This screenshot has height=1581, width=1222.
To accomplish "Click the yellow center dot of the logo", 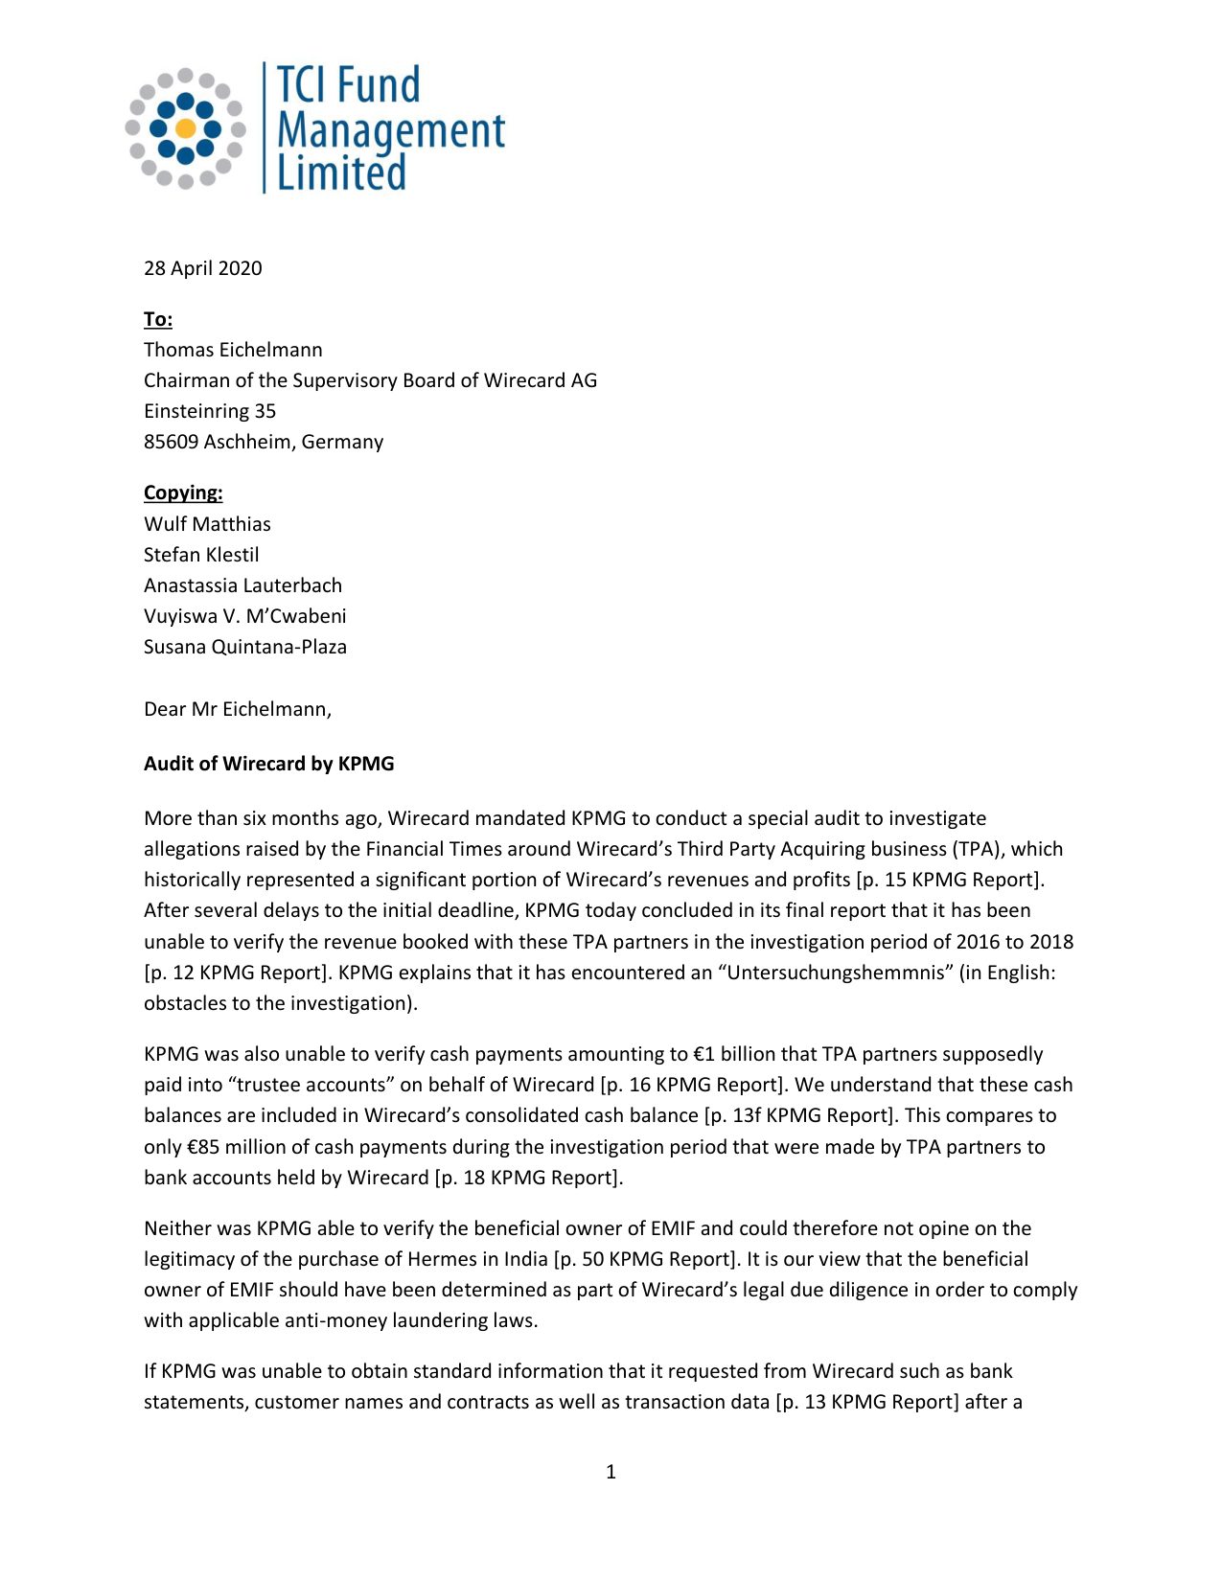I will [x=186, y=128].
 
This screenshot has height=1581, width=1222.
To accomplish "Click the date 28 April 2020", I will [x=202, y=268].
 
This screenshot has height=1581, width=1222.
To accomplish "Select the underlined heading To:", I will [x=158, y=319].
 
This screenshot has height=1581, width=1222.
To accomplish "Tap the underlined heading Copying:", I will [x=183, y=493].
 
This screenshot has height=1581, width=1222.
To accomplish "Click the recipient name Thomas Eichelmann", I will [x=233, y=350].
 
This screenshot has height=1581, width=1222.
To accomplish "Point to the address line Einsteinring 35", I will [x=210, y=411].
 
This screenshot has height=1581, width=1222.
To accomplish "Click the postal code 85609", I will [x=171, y=442].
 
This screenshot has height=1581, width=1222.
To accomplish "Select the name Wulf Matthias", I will [x=207, y=524].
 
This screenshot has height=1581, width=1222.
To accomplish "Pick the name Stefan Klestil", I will [x=201, y=555].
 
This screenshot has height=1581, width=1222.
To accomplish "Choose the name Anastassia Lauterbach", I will [x=242, y=585].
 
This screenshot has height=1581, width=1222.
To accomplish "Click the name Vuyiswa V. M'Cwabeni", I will [x=245, y=616].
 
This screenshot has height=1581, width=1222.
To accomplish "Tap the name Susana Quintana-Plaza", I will [x=245, y=647].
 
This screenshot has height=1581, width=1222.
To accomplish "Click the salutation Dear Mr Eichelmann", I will [x=237, y=709].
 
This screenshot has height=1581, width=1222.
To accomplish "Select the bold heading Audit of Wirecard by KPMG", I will [x=269, y=764].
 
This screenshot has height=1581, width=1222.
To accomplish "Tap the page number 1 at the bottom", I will [x=611, y=1472].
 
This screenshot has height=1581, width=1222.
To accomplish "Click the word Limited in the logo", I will [x=341, y=173].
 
